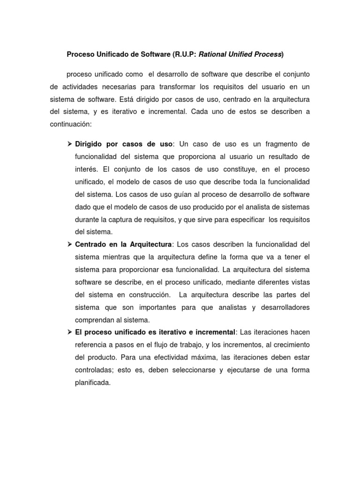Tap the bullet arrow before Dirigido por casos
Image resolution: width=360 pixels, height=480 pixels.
coord(69,143)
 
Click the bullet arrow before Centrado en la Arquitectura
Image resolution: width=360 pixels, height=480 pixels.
coord(69,244)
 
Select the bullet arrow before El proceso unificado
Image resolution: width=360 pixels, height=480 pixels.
coord(69,332)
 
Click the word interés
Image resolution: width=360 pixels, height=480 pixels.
coord(86,169)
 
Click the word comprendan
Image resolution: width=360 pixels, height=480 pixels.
coord(96,320)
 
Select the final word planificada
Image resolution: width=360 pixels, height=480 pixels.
coord(93,383)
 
